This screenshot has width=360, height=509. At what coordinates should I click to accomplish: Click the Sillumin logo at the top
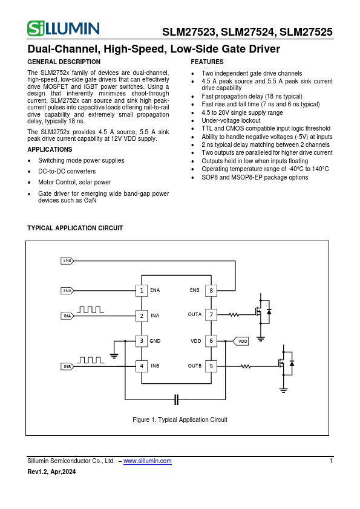[64, 28]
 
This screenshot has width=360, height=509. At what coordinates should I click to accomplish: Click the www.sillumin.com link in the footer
[147, 461]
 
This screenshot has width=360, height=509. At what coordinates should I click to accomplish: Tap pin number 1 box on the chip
[141, 291]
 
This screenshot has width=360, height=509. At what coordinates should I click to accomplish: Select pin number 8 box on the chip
[211, 291]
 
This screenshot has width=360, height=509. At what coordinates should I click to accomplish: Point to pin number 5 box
[211, 366]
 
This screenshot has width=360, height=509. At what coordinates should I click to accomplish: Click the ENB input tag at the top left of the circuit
[67, 261]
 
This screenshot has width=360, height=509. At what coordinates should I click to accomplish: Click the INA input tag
[67, 316]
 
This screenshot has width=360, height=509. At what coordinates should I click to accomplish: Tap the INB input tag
[67, 366]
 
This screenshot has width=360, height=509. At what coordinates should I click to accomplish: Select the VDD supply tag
[241, 341]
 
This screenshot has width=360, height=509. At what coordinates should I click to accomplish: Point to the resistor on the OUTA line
[233, 315]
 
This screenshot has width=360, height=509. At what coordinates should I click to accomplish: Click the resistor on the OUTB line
[246, 366]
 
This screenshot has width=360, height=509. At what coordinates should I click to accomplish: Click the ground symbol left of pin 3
[114, 353]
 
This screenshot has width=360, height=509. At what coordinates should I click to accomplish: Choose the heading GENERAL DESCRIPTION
[64, 62]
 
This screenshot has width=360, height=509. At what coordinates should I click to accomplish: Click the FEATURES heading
[207, 62]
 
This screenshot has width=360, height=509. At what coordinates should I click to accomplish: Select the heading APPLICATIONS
[50, 150]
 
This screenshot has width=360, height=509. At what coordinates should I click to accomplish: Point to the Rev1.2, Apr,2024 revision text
[52, 472]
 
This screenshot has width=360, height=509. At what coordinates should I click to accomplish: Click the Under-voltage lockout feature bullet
[231, 121]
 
